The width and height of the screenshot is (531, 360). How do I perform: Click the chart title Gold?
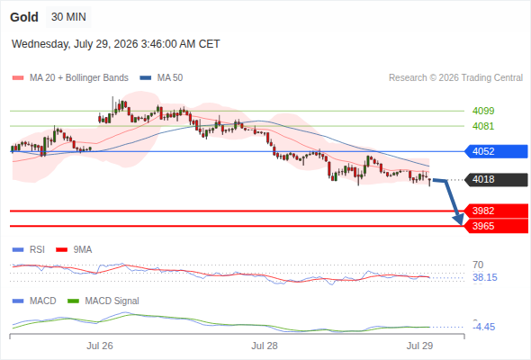click(x=24, y=17)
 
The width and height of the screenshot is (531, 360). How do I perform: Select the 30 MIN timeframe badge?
click(x=68, y=17)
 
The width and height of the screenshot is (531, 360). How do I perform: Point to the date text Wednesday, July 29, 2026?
click(x=75, y=44)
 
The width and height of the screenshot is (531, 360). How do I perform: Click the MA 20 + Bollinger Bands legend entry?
click(x=70, y=78)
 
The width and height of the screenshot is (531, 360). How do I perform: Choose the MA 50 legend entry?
click(x=161, y=78)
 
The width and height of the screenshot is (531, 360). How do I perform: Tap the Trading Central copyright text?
click(x=455, y=78)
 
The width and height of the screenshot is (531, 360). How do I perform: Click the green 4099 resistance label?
click(x=483, y=111)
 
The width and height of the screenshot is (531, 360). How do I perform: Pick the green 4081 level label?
click(x=483, y=126)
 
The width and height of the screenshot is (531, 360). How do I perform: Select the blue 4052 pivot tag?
click(x=496, y=151)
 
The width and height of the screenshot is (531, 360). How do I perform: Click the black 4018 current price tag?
click(x=496, y=179)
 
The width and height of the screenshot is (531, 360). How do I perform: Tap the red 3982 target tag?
click(x=496, y=211)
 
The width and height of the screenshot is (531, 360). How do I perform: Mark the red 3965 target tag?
click(x=496, y=226)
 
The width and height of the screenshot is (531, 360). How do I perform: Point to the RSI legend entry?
click(x=29, y=249)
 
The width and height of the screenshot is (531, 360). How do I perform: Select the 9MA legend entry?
click(x=74, y=249)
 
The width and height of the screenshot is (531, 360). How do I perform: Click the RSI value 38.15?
click(x=485, y=278)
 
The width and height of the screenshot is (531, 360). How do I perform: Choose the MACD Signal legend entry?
click(x=103, y=301)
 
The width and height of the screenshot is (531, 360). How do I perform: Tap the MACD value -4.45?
click(x=484, y=327)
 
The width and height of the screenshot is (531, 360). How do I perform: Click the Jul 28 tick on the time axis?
click(x=265, y=346)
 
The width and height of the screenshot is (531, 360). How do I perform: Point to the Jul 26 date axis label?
click(x=100, y=346)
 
